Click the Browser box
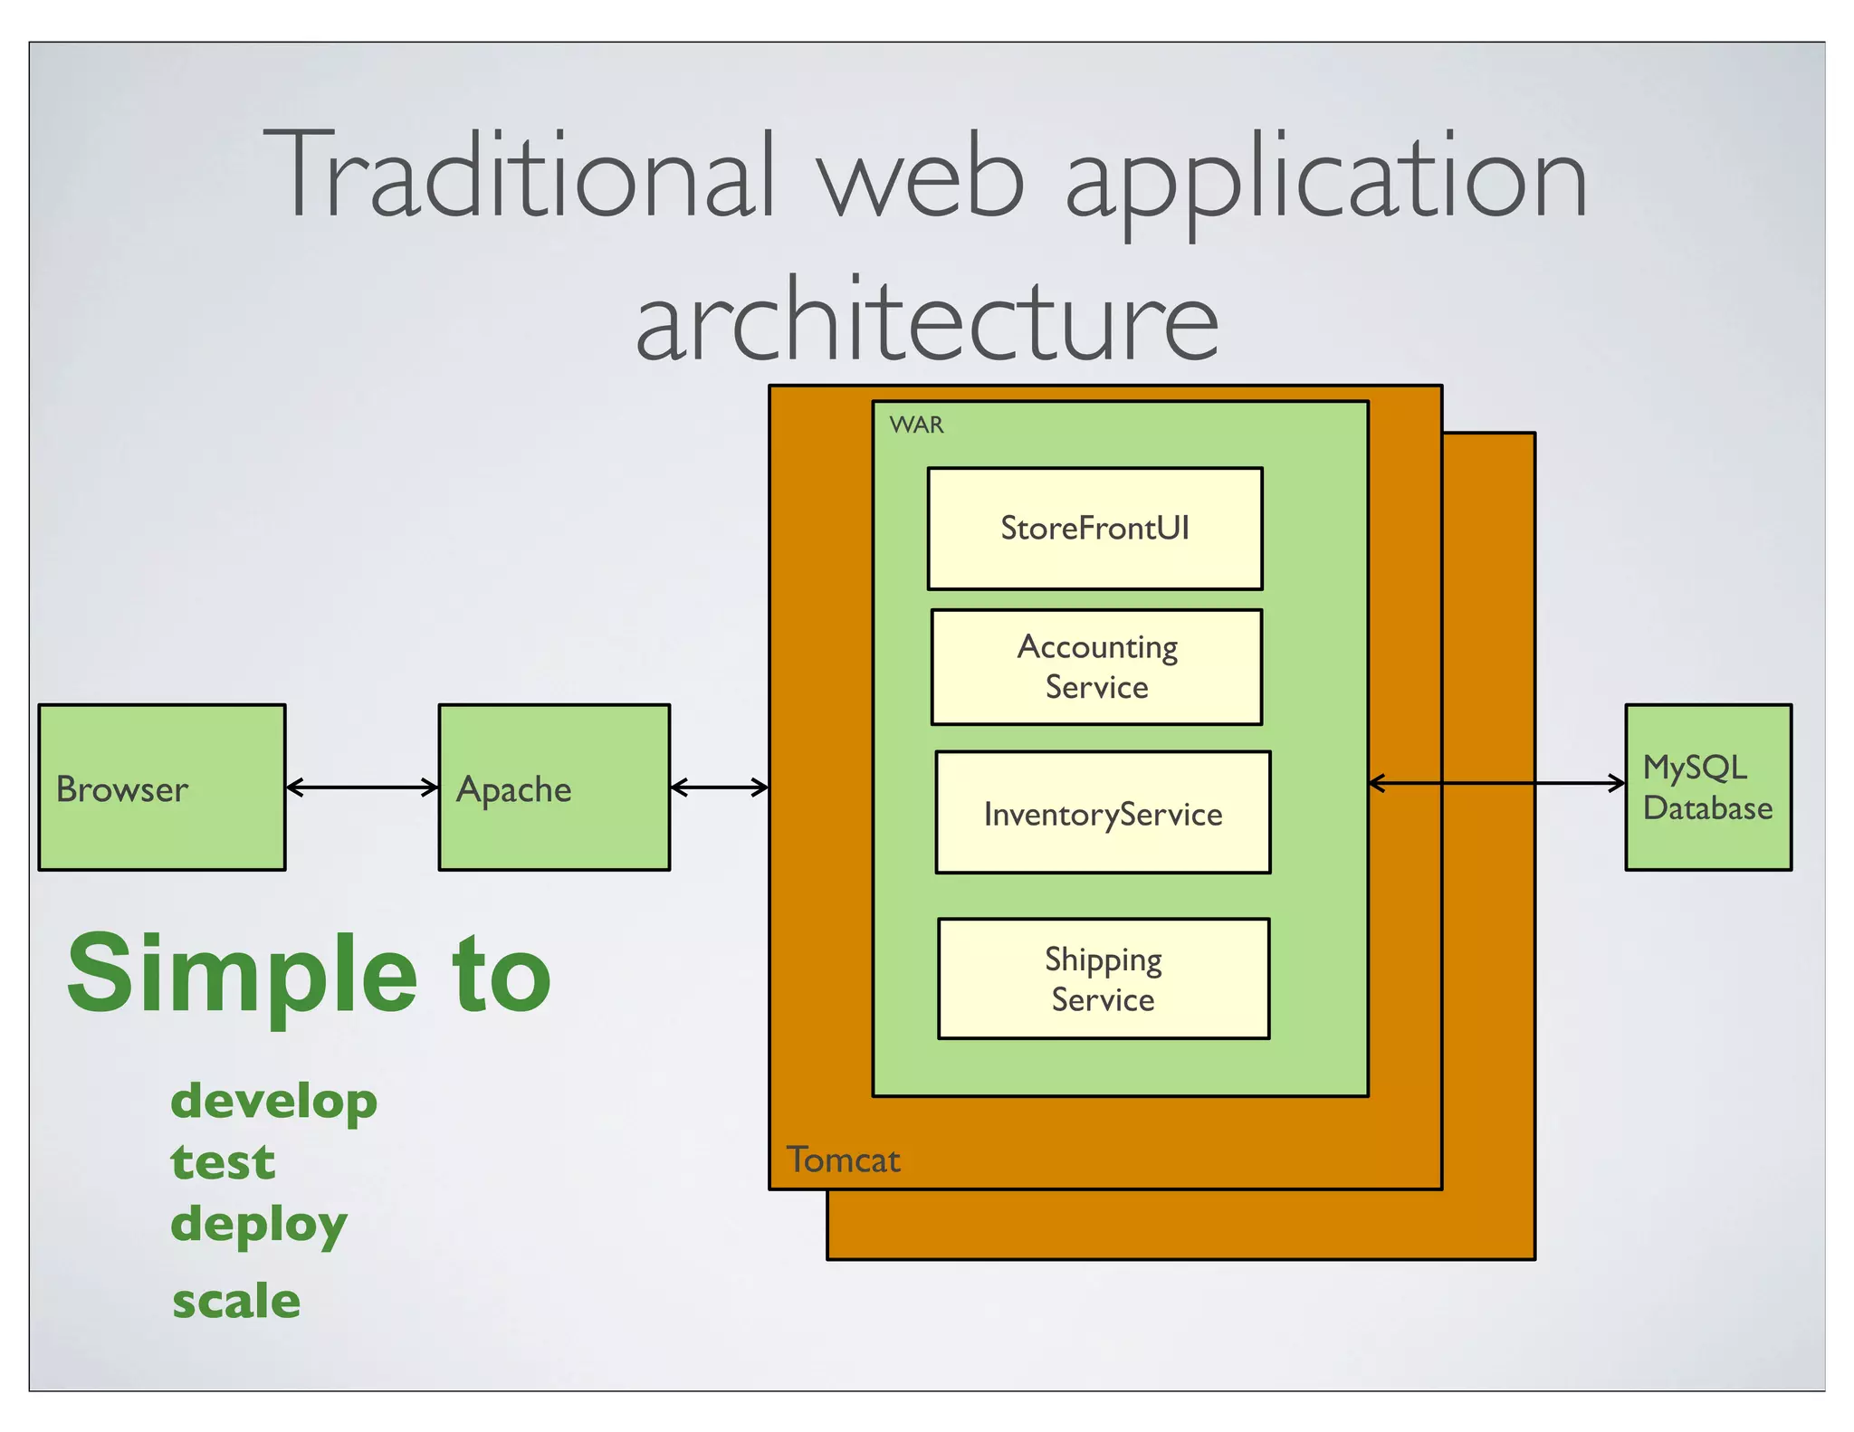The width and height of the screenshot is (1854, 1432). pos(161,788)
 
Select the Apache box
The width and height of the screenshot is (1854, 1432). pos(554,788)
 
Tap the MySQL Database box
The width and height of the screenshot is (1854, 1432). pos(1707,788)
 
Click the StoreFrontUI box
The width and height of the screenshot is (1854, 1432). pos(1094,529)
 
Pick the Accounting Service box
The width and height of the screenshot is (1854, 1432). pos(1096,667)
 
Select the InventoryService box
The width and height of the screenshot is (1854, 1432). pos(1103,813)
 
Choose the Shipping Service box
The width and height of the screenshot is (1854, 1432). pos(1103,979)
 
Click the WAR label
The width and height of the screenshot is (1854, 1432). pos(916,425)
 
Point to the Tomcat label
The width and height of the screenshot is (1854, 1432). pos(843,1160)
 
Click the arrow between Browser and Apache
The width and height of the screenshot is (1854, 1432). pos(362,788)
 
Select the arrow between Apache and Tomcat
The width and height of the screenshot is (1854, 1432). pos(720,788)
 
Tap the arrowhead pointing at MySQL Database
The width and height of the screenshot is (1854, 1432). pos(1617,783)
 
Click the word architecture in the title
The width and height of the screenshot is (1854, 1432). pos(927,321)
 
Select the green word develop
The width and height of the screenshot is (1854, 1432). pos(273,1103)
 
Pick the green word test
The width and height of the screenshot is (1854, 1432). pos(223,1162)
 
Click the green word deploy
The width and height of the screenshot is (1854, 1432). pos(259,1225)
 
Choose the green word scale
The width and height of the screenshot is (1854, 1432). pos(236,1302)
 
